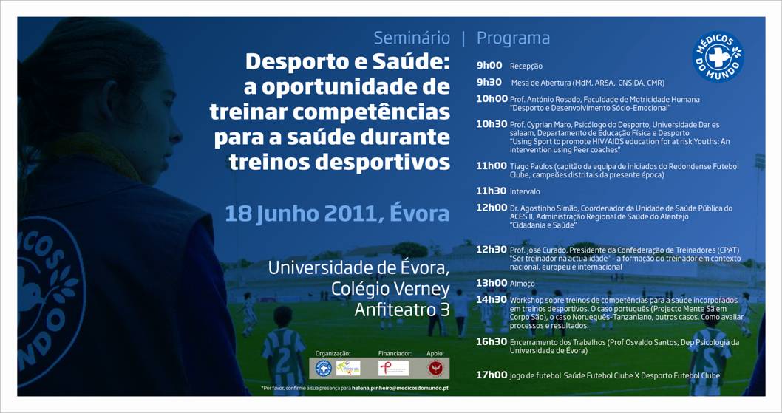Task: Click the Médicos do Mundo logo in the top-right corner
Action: [x=718, y=57]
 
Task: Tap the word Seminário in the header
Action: [x=412, y=38]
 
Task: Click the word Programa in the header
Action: [x=513, y=38]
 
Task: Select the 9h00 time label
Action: [x=489, y=66]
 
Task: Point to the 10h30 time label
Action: [x=492, y=124]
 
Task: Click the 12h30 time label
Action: [x=492, y=250]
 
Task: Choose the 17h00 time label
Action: [x=492, y=375]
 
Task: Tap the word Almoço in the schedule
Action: [x=522, y=284]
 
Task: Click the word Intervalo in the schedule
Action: [x=525, y=191]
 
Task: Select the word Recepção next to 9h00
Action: [x=526, y=66]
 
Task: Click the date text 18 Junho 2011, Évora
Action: [x=337, y=214]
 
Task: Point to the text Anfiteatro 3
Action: [x=401, y=310]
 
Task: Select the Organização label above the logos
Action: [x=333, y=354]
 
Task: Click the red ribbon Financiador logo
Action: [x=394, y=368]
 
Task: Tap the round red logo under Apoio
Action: [x=435, y=368]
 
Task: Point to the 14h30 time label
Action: [x=492, y=300]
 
